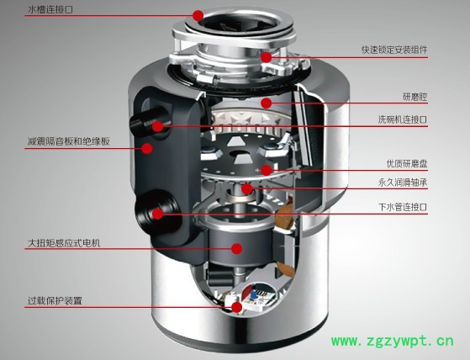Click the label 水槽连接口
tap(50, 9)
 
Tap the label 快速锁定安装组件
tap(394, 50)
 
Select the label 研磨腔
tap(415, 97)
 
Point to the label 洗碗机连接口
tap(402, 119)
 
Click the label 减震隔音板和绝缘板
tap(69, 141)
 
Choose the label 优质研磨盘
tap(407, 164)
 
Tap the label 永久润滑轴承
tap(403, 183)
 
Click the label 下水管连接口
tap(403, 207)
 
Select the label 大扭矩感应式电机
tap(64, 243)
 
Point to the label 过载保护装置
tap(55, 300)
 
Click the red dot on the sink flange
tap(198, 15)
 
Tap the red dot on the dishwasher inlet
tap(158, 126)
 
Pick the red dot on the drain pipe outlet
tap(158, 214)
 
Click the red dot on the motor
tap(237, 248)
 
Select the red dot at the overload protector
tap(237, 307)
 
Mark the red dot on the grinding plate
tap(267, 170)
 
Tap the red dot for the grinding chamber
tap(267, 103)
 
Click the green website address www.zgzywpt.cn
tap(393, 341)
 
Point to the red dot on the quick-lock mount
tap(266, 57)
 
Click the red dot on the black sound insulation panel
tap(147, 148)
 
